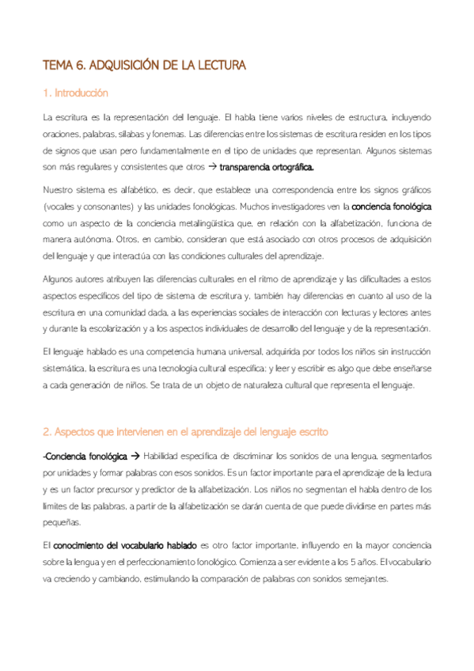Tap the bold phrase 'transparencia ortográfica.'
(267, 167)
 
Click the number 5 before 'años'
(347, 562)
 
